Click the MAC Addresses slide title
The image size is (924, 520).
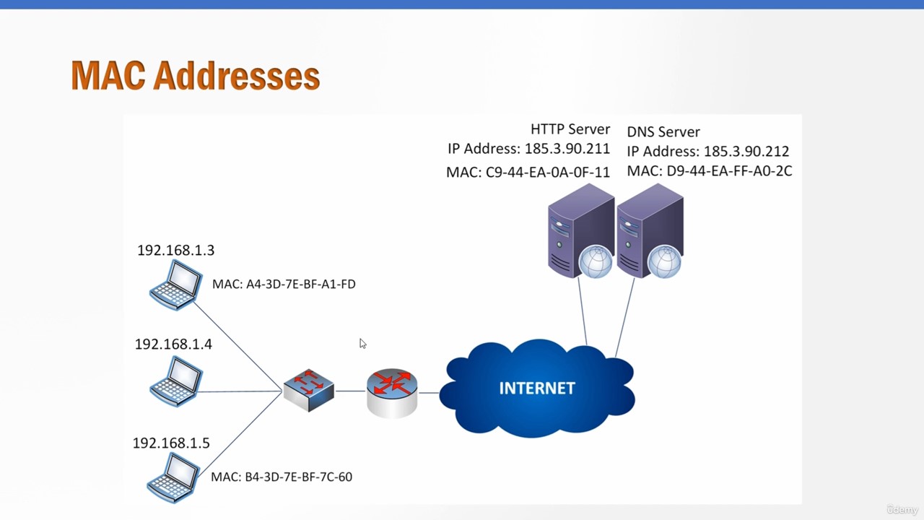pos(196,76)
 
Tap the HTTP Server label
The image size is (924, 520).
pos(570,129)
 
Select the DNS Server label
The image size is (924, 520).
pos(663,132)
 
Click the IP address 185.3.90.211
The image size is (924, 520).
pos(567,149)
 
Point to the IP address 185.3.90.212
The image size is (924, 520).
pos(746,152)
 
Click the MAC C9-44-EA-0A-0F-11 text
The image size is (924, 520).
pos(528,172)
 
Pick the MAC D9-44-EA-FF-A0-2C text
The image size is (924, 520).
pos(710,171)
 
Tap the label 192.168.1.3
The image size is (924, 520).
pos(175,250)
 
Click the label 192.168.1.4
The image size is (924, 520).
pos(173,344)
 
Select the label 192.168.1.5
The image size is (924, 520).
pos(171,443)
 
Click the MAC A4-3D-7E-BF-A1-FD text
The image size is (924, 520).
pos(284,285)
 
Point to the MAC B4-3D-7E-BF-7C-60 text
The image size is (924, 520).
pos(282,477)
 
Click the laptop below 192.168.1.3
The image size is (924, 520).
pos(176,285)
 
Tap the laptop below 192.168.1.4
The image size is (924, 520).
pos(176,381)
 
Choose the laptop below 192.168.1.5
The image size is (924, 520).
pos(174,478)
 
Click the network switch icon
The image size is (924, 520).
pos(309,390)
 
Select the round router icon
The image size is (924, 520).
pos(392,394)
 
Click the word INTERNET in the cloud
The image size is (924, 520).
pos(537,389)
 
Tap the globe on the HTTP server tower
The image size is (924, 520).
pos(596,261)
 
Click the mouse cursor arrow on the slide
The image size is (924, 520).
pos(362,343)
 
